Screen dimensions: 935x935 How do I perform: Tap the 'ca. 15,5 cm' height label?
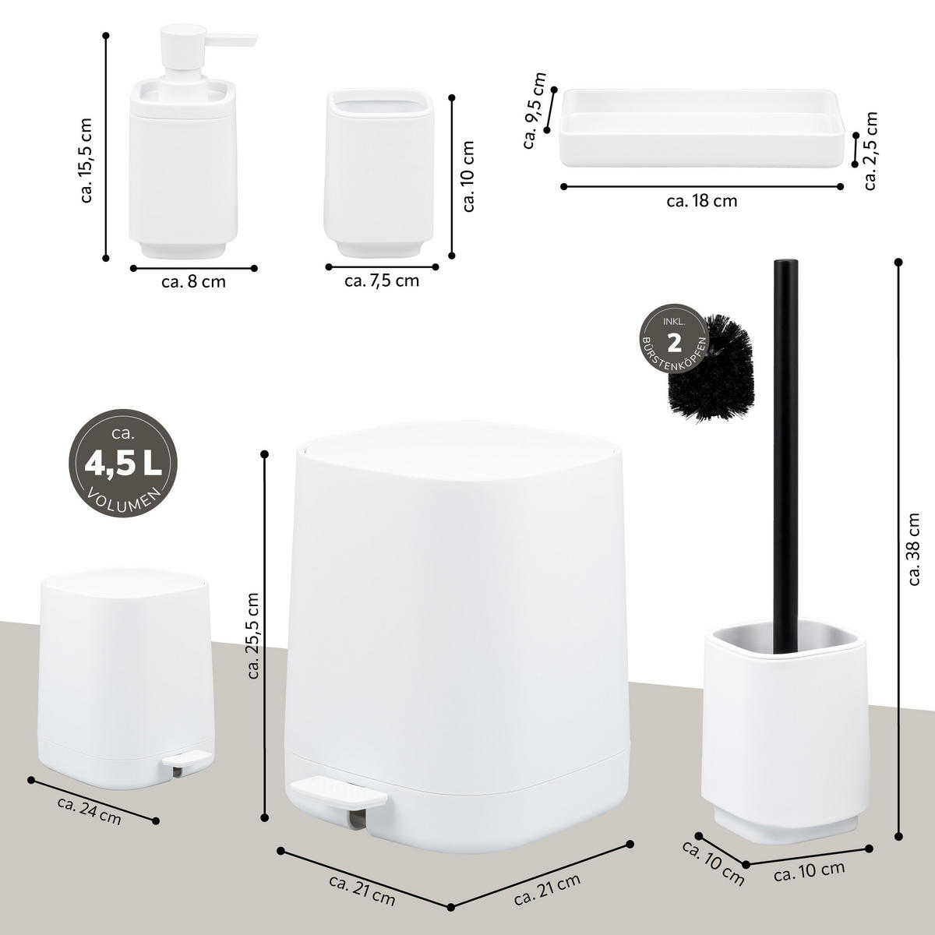[x=86, y=161]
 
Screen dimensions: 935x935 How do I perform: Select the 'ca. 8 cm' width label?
[x=193, y=282]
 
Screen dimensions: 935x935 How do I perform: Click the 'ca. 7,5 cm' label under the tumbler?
[x=382, y=280]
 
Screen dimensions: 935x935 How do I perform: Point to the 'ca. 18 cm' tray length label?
[x=702, y=201]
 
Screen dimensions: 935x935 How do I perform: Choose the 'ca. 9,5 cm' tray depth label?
[x=535, y=110]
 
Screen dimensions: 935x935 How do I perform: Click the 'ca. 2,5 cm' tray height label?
[x=871, y=151]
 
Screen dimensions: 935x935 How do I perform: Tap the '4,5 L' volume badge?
[x=123, y=464]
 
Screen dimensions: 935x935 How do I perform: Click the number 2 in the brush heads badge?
[x=675, y=344]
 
